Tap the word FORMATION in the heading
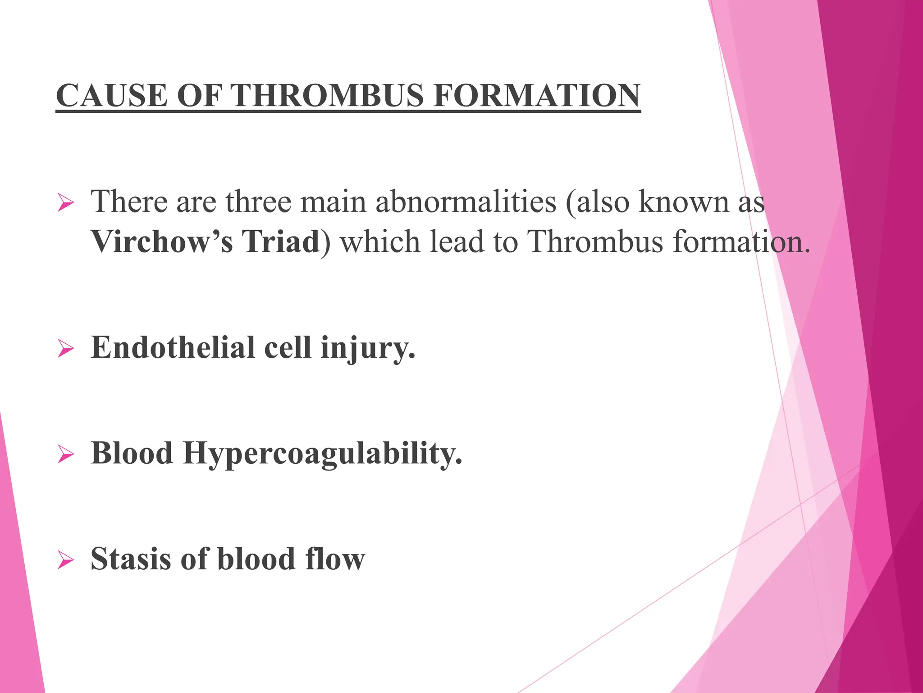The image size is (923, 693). pos(536,96)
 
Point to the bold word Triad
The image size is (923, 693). pos(281,242)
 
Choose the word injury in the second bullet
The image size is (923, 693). pos(367,348)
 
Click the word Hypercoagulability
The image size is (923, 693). pos(323,453)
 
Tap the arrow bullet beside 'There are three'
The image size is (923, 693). pos(66,203)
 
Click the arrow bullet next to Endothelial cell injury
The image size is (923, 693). pos(66,349)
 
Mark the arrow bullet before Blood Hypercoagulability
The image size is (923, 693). pos(66,455)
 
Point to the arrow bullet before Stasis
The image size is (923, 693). pos(66,560)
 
